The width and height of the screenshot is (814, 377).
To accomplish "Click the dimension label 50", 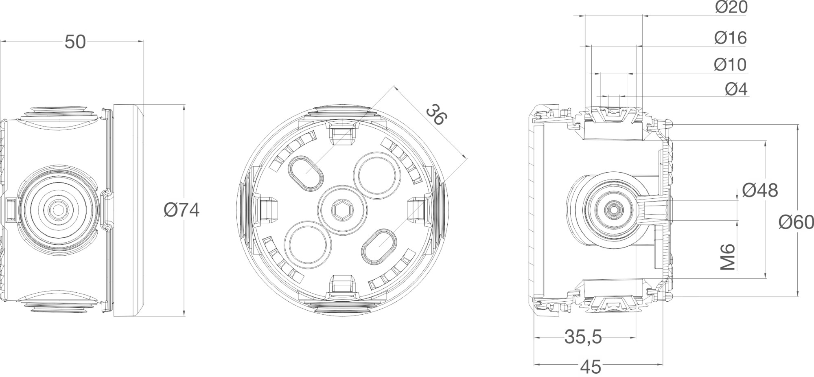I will [75, 42].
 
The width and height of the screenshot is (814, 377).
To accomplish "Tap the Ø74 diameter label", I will [182, 210].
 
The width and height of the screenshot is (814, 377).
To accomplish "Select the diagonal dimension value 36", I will [436, 114].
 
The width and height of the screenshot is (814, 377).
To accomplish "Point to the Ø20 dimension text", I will [731, 7].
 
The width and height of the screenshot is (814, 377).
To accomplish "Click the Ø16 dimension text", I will [731, 38].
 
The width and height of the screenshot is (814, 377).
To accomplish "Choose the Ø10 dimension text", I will [730, 65].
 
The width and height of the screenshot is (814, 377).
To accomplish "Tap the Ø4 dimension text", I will [736, 89].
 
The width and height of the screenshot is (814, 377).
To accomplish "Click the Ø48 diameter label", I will [760, 190].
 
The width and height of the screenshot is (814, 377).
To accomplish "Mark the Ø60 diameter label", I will [796, 222].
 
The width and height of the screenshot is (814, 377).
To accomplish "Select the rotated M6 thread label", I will [728, 257].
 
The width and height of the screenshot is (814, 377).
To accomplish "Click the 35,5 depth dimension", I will [583, 337].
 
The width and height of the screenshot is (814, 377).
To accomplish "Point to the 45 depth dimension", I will [591, 368].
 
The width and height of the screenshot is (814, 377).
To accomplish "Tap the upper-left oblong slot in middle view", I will [306, 172].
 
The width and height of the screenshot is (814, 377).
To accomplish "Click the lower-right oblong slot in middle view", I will [379, 245].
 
